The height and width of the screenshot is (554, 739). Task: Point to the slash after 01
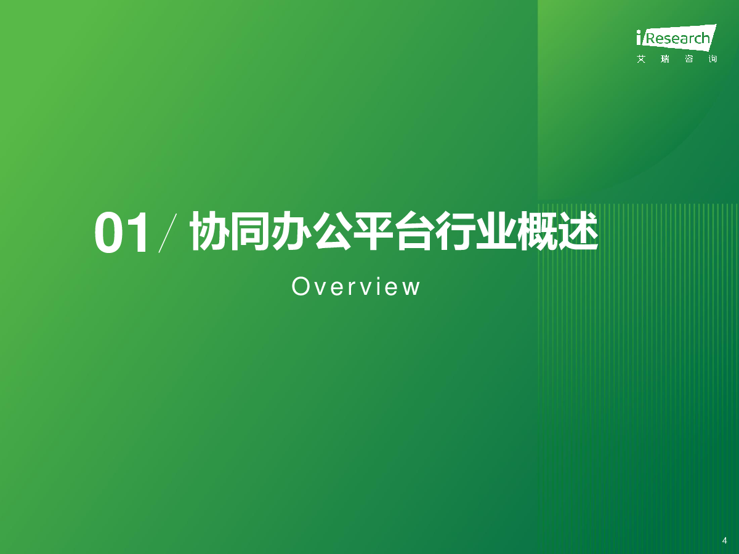tap(168, 233)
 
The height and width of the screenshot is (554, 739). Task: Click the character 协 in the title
tap(208, 231)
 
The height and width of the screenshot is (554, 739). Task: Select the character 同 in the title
tap(249, 231)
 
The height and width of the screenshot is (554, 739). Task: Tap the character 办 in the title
tap(290, 231)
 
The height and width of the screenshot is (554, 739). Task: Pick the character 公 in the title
tap(331, 231)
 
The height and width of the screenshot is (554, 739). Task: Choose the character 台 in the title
tap(413, 231)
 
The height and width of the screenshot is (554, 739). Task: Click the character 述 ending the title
tap(578, 231)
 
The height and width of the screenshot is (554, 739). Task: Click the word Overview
tap(355, 287)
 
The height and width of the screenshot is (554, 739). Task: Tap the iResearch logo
tap(676, 38)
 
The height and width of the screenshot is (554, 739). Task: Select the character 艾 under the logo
tap(641, 59)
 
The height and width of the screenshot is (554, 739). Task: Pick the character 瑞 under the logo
tap(665, 59)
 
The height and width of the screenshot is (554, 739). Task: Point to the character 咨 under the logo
tap(689, 59)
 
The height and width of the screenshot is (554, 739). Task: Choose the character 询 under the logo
tap(713, 59)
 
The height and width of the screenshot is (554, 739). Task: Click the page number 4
tap(724, 540)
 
